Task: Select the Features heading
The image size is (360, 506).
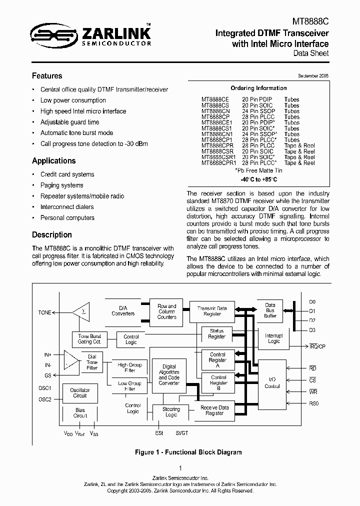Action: (47, 76)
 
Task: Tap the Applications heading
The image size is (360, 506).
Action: (54, 161)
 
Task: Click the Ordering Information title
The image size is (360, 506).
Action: (258, 88)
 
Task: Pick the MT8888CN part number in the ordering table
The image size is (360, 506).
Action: (215, 111)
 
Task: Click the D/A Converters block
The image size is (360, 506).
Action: (123, 310)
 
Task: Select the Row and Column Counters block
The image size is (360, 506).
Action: (167, 311)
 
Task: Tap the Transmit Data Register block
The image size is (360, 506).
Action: (212, 311)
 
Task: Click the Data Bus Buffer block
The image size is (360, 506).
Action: (270, 310)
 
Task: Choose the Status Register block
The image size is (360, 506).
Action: (217, 333)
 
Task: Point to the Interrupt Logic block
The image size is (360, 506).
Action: (274, 338)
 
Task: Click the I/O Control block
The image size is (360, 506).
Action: (272, 382)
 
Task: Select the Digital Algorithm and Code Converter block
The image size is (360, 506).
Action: (169, 374)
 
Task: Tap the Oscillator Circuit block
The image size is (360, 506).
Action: (80, 392)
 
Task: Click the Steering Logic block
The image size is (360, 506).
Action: (171, 412)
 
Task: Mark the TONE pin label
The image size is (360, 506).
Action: (45, 312)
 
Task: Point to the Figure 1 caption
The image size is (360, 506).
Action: (188, 452)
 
